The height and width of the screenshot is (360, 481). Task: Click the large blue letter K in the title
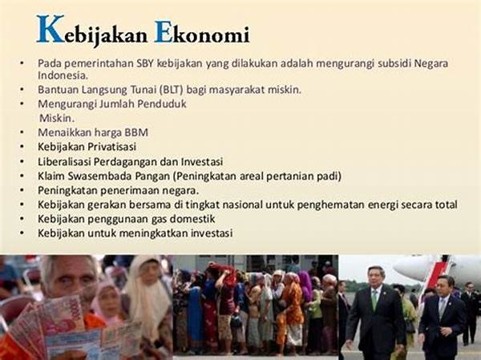tap(51, 30)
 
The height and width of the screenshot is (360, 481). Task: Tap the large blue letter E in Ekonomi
tap(163, 32)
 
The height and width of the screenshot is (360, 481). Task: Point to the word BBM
tap(136, 132)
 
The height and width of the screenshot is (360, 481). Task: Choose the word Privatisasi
tap(112, 147)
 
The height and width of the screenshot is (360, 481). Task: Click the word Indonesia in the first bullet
tap(63, 75)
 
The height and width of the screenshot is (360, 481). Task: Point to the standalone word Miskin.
tap(57, 118)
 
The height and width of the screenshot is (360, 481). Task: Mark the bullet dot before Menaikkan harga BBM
tap(22, 132)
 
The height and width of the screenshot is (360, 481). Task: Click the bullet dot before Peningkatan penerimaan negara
tap(22, 190)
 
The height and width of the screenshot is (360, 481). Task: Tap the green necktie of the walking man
tap(374, 299)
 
